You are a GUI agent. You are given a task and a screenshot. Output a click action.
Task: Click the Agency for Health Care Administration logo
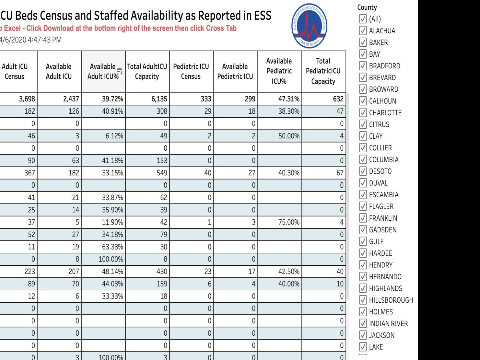pyautogui.click(x=309, y=26)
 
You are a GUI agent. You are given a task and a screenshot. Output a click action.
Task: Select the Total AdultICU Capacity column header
pyautogui.click(x=147, y=72)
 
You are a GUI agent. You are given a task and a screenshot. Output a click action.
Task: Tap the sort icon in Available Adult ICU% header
pyautogui.click(x=120, y=71)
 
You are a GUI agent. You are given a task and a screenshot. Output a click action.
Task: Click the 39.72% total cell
pyautogui.click(x=112, y=99)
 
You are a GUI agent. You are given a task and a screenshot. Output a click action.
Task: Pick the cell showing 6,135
pyautogui.click(x=159, y=99)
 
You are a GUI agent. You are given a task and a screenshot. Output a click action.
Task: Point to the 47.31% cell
pyautogui.click(x=289, y=99)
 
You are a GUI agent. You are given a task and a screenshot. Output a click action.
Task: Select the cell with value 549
pyautogui.click(x=162, y=173)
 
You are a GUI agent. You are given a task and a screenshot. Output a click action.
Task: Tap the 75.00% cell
pyautogui.click(x=289, y=222)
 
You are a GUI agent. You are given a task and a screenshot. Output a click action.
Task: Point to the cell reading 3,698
pyautogui.click(x=27, y=99)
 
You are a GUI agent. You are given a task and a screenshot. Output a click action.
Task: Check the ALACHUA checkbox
pyautogui.click(x=363, y=30)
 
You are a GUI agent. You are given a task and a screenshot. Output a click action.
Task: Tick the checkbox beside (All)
pyautogui.click(x=363, y=19)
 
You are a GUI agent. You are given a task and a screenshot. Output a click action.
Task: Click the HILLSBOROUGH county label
pyautogui.click(x=391, y=300)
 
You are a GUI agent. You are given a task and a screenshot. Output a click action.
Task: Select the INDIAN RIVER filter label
pyautogui.click(x=388, y=323)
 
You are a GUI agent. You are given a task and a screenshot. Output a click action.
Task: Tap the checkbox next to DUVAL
pyautogui.click(x=363, y=183)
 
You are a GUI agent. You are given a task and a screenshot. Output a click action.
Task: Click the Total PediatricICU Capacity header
pyautogui.click(x=323, y=71)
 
